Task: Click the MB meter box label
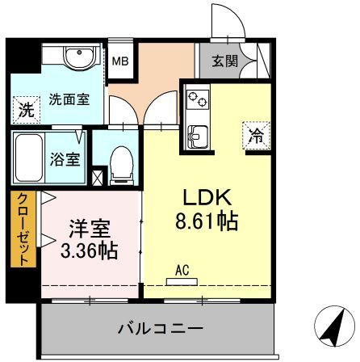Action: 120,61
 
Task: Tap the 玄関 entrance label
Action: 225,61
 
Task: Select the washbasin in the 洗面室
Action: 80,58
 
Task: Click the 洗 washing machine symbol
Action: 27,110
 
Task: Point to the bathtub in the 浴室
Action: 29,158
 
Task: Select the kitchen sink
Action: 198,137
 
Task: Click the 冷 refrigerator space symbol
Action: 256,135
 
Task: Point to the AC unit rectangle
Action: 182,282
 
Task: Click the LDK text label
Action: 207,197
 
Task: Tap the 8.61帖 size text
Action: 207,221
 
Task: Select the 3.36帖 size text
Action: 90,250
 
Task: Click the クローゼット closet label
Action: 23,229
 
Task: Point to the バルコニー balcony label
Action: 161,329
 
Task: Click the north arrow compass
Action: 335,326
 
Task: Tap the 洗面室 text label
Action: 69,99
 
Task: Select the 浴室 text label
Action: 65,159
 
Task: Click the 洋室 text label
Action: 90,229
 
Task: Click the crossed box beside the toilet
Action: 97,178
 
